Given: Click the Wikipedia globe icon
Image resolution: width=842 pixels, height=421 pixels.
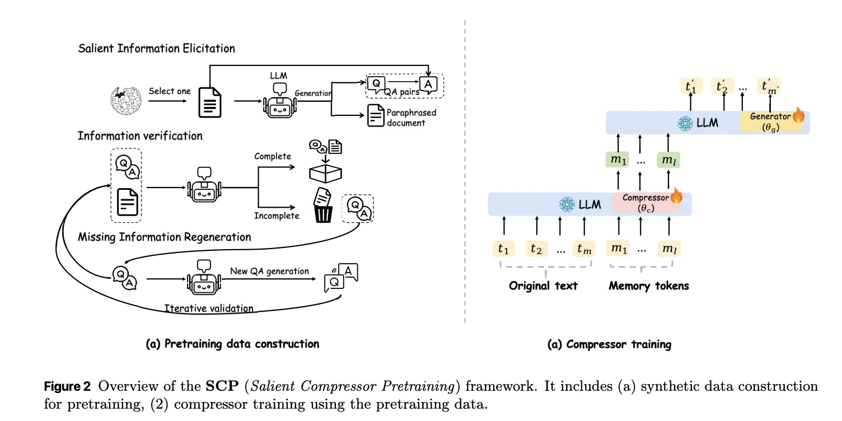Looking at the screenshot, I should point(126,101).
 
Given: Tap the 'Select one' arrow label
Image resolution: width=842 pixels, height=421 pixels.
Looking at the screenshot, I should point(170,91).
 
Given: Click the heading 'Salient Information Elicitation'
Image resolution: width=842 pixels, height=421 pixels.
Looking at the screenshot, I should point(156,48).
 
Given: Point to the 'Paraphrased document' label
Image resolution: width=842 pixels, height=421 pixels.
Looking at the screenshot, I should point(411,118).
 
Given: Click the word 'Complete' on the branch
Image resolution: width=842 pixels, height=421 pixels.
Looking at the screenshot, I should point(273,156).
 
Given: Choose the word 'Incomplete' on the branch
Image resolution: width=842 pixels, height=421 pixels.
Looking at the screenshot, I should point(277,216).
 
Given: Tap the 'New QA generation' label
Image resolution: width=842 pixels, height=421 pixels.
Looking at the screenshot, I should point(269,271).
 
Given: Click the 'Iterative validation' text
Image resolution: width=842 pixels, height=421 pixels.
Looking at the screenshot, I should point(209,308).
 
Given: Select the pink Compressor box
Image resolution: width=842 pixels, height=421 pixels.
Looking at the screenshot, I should point(645,203).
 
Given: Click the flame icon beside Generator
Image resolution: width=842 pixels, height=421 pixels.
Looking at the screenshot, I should point(798,116).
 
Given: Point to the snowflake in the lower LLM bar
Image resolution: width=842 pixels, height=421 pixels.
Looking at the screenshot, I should point(567,205).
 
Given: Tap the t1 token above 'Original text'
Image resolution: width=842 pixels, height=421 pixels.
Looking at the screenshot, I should point(504,249).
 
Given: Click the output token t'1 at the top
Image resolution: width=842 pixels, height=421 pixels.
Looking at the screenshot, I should point(690,86).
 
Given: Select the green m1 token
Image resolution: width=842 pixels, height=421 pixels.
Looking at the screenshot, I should point(618,160).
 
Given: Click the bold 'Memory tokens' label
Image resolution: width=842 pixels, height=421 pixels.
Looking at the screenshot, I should point(649,286).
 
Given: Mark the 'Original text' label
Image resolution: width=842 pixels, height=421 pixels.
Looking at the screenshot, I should point(543,286).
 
